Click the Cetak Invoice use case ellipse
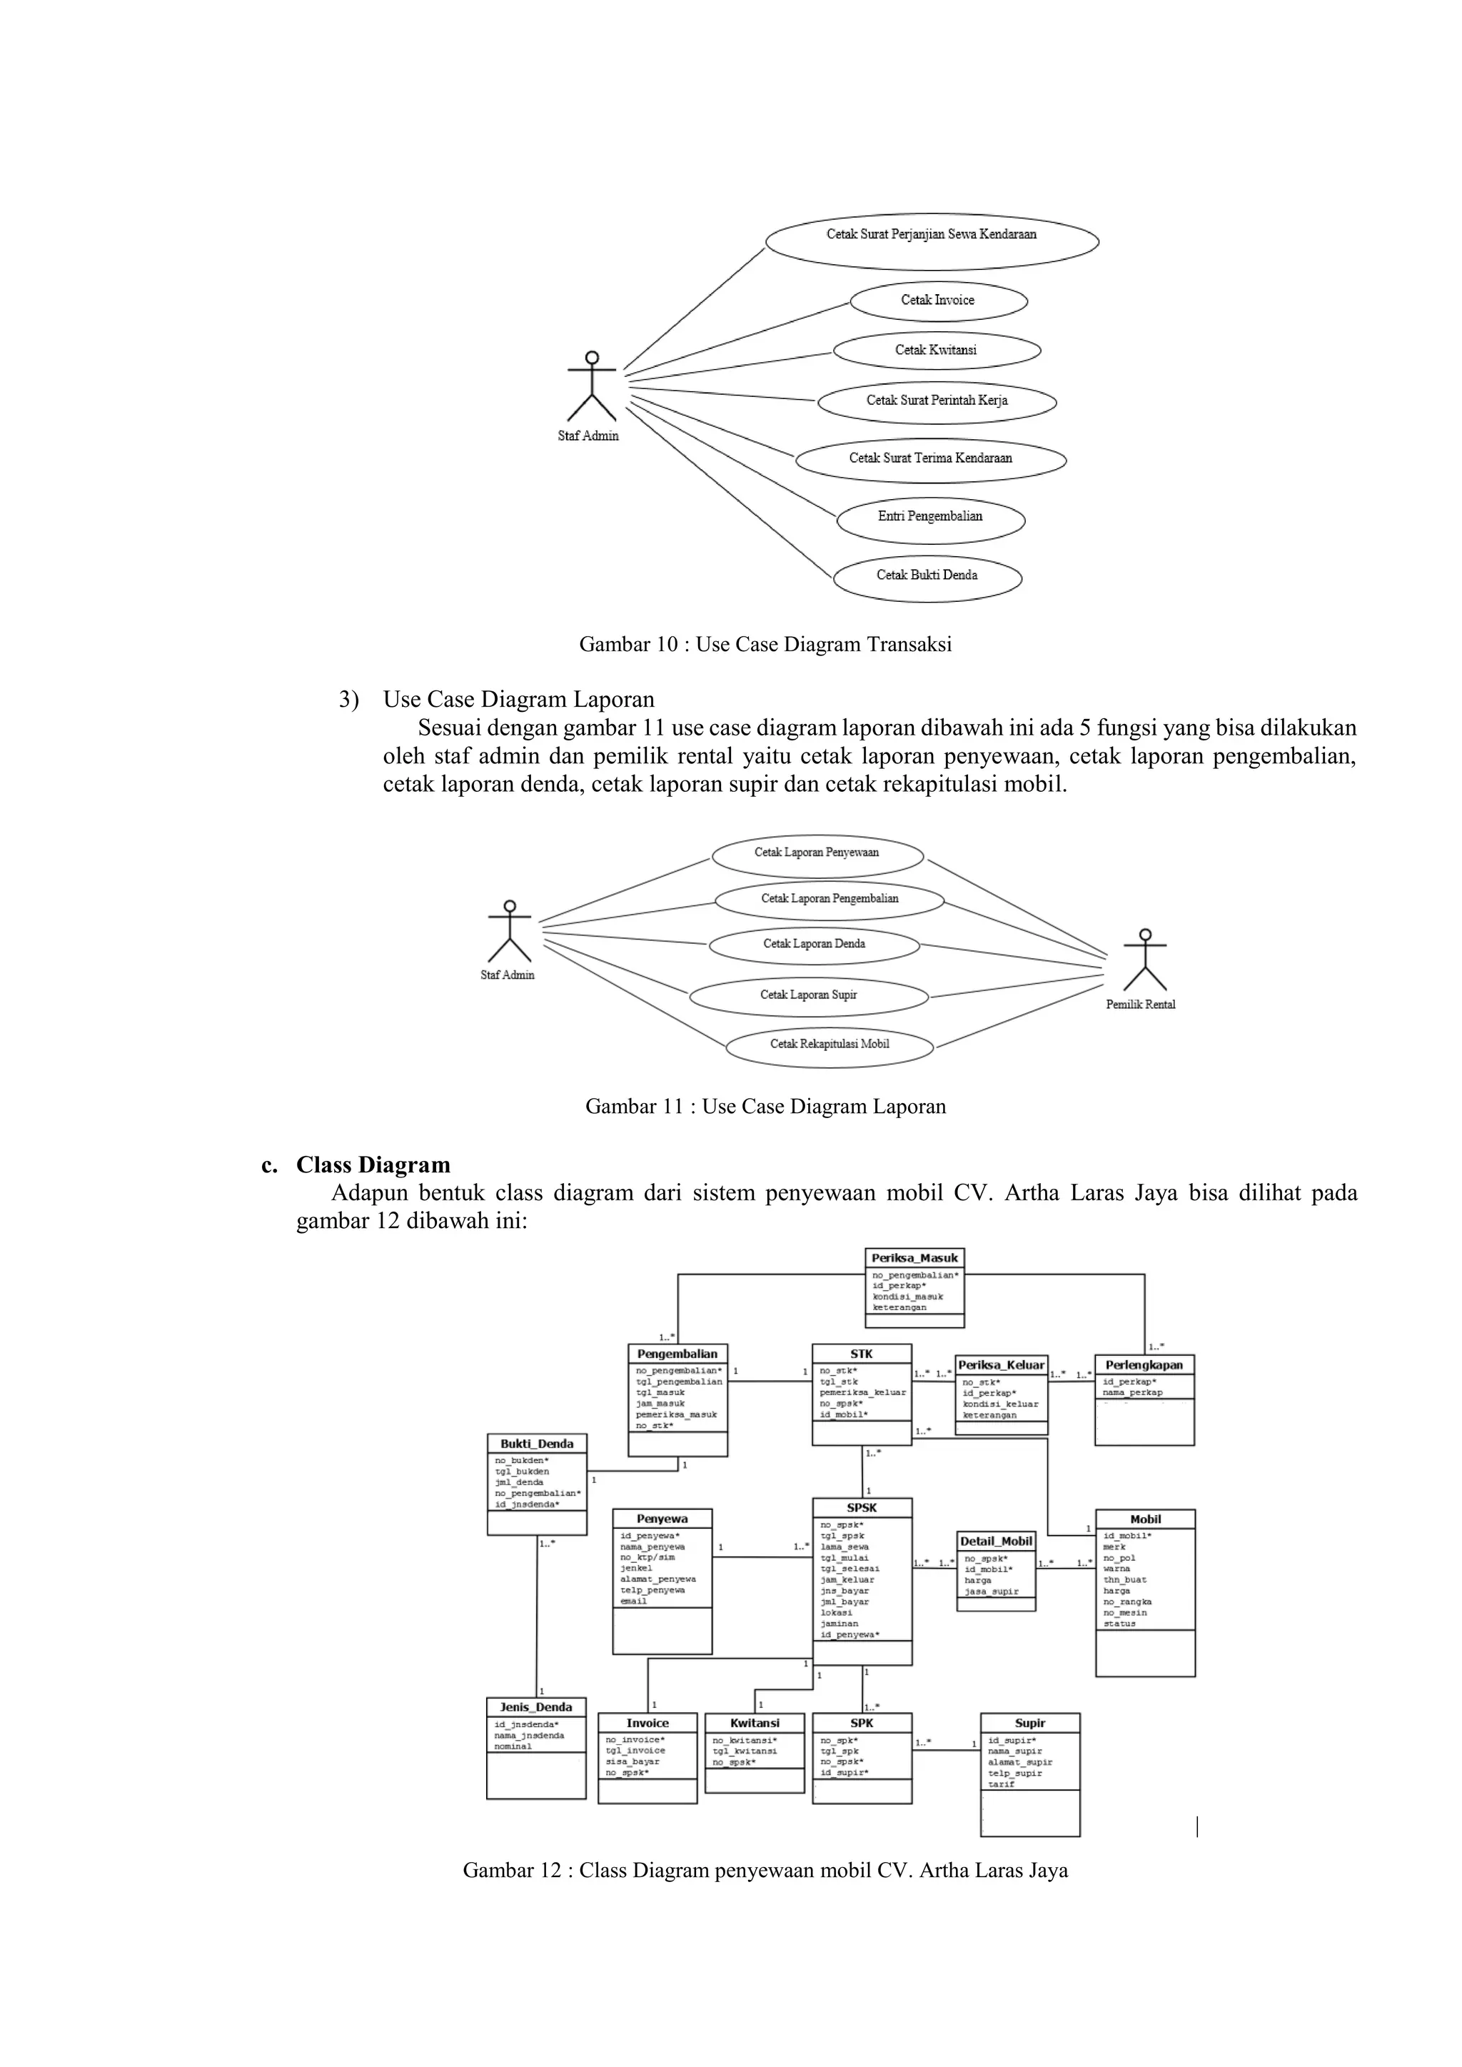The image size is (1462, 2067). (937, 301)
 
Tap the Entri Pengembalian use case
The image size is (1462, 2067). (930, 517)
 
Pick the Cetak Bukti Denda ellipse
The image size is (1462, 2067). (927, 575)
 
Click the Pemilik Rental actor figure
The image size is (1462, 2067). (1144, 962)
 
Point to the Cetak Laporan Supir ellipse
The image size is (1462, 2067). (808, 996)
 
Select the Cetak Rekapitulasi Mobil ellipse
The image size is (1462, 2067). (829, 1045)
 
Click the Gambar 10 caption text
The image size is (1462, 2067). (765, 645)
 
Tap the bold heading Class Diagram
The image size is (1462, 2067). (373, 1165)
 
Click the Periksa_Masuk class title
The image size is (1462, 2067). (914, 1257)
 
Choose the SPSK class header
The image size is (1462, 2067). (862, 1508)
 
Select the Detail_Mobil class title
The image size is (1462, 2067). (996, 1542)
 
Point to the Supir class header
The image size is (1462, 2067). (1030, 1723)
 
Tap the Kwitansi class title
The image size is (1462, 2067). (755, 1723)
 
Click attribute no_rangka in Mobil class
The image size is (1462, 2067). (1127, 1601)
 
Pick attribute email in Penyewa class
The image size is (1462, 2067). (634, 1601)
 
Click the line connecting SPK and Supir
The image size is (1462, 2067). (945, 1750)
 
